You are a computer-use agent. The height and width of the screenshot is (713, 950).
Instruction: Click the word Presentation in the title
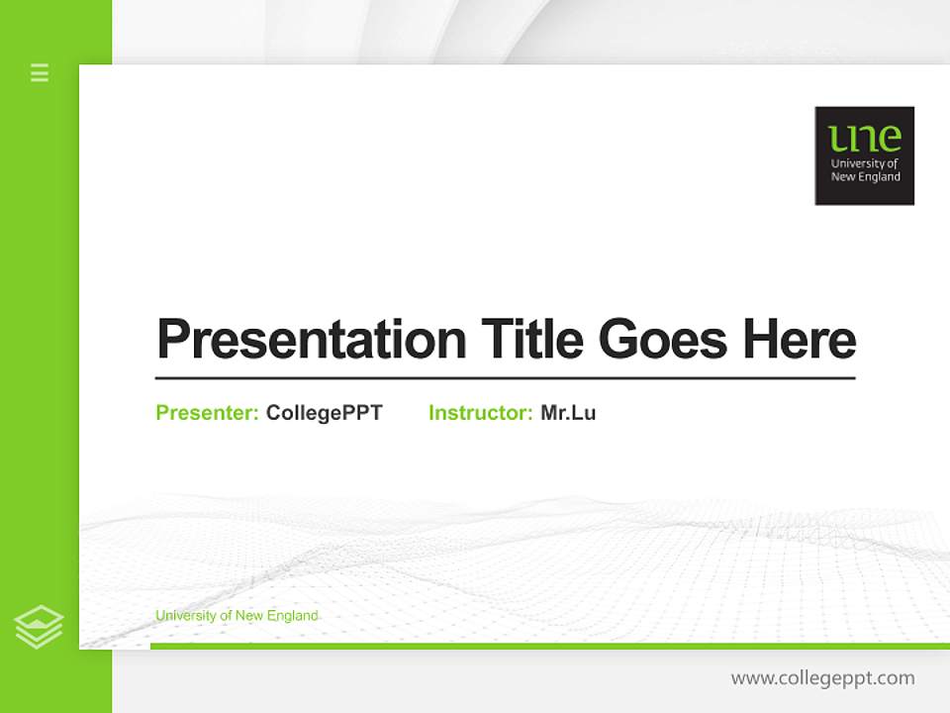311,340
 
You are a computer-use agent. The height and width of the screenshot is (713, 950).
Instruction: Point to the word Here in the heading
799,340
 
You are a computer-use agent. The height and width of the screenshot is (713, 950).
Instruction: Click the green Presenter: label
207,413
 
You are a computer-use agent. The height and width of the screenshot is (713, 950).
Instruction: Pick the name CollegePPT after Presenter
324,413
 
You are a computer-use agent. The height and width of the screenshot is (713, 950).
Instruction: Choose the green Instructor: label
480,413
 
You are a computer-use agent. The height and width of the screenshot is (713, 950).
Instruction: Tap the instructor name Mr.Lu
568,413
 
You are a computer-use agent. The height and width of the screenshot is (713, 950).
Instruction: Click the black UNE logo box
864,155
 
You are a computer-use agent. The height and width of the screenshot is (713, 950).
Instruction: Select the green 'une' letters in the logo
865,138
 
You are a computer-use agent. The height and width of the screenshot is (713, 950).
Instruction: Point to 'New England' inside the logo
865,177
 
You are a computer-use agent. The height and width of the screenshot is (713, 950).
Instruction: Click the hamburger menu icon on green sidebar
40,72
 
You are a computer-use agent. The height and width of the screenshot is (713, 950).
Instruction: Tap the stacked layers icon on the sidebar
39,626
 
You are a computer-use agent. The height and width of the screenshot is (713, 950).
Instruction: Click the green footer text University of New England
237,616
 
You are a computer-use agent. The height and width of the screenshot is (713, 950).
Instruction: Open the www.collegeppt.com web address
822,678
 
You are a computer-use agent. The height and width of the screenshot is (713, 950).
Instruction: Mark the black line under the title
505,378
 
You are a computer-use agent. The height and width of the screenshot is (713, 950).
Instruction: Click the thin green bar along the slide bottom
549,646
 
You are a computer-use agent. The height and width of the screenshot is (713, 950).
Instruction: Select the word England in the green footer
295,616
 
